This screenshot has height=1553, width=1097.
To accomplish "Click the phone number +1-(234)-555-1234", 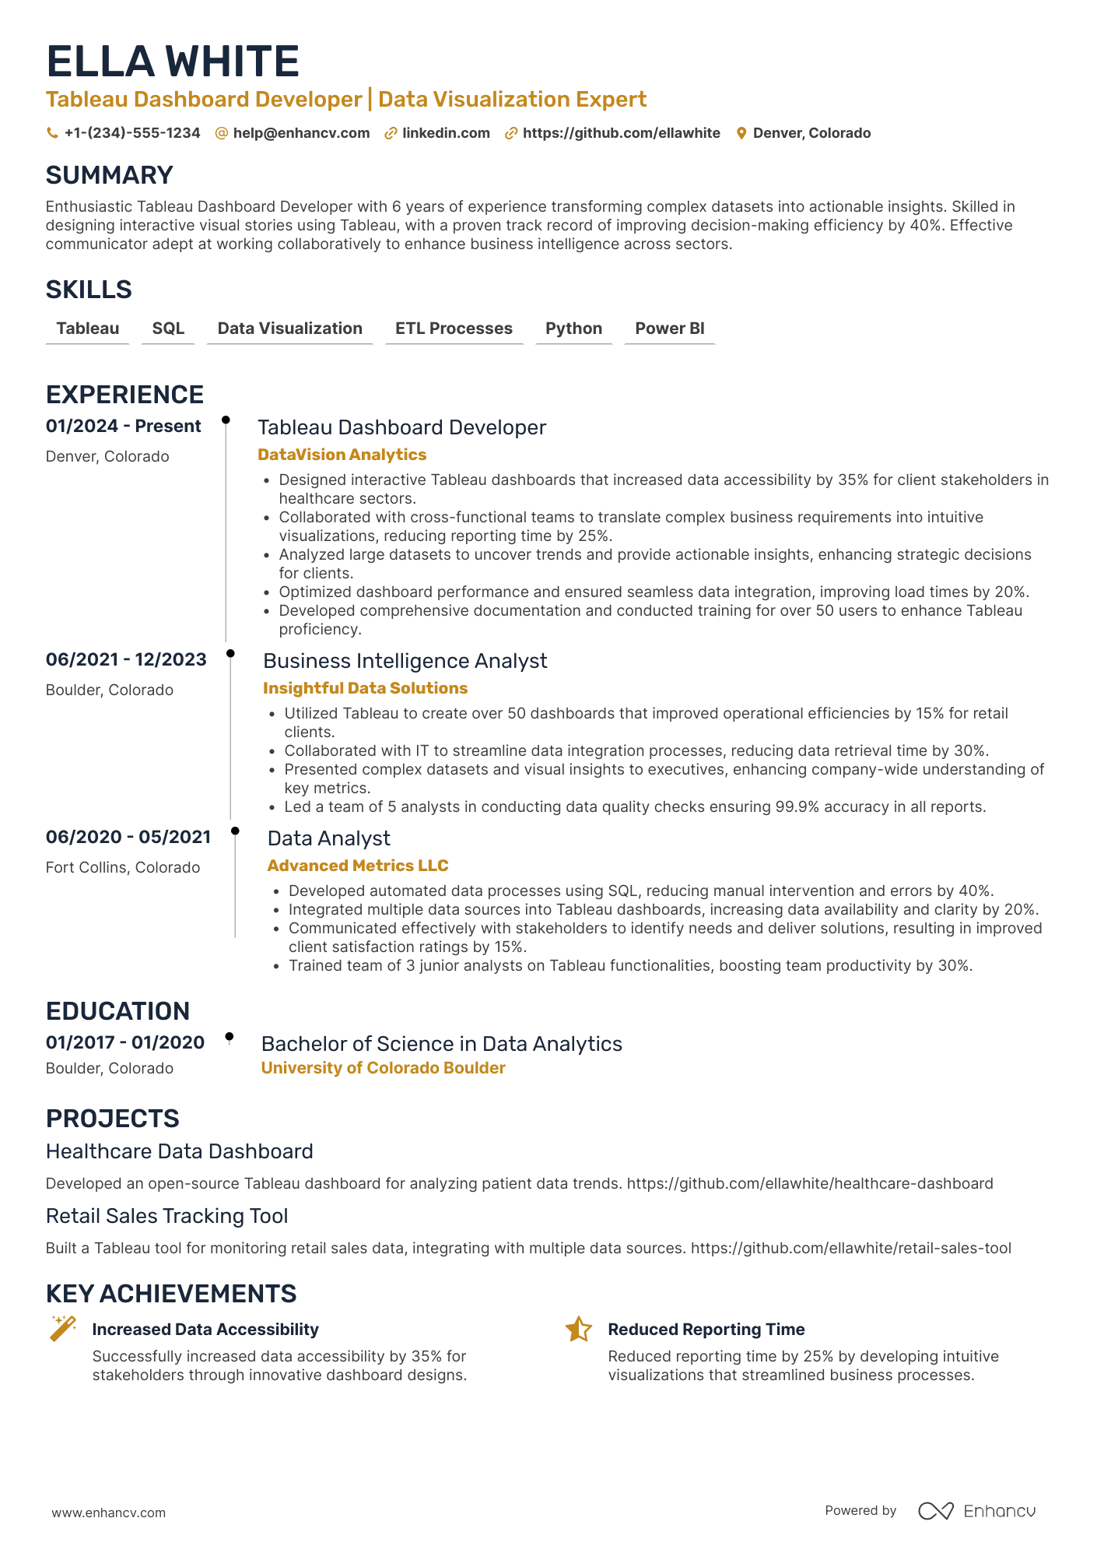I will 131,133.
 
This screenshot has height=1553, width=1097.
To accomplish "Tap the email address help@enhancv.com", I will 301,133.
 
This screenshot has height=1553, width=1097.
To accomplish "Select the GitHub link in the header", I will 621,133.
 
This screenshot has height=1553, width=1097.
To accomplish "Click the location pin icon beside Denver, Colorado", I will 741,133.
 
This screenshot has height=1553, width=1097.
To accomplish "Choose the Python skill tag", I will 573,329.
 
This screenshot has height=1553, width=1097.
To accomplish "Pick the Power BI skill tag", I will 669,329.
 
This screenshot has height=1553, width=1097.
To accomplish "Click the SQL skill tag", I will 168,329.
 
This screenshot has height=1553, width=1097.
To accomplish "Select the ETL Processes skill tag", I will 454,329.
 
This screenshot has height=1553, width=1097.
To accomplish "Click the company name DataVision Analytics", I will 342,455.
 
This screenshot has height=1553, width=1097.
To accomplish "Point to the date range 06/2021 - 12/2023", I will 126,660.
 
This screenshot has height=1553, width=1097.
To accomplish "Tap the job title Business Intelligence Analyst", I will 405,661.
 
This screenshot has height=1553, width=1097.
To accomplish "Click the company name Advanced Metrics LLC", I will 358,866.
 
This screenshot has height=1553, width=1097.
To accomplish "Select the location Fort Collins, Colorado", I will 123,867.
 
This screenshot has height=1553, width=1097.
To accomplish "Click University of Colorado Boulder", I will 383,1068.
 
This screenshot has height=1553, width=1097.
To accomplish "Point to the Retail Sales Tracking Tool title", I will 166,1216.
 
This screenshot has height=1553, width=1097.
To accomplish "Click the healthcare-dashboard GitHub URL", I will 810,1183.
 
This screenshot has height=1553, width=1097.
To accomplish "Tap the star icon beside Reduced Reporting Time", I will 579,1330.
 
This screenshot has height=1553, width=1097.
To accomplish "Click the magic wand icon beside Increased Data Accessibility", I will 63,1328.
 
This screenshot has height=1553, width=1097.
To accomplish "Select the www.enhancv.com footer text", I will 109,1513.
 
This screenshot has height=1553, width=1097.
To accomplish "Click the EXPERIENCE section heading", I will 124,395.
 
